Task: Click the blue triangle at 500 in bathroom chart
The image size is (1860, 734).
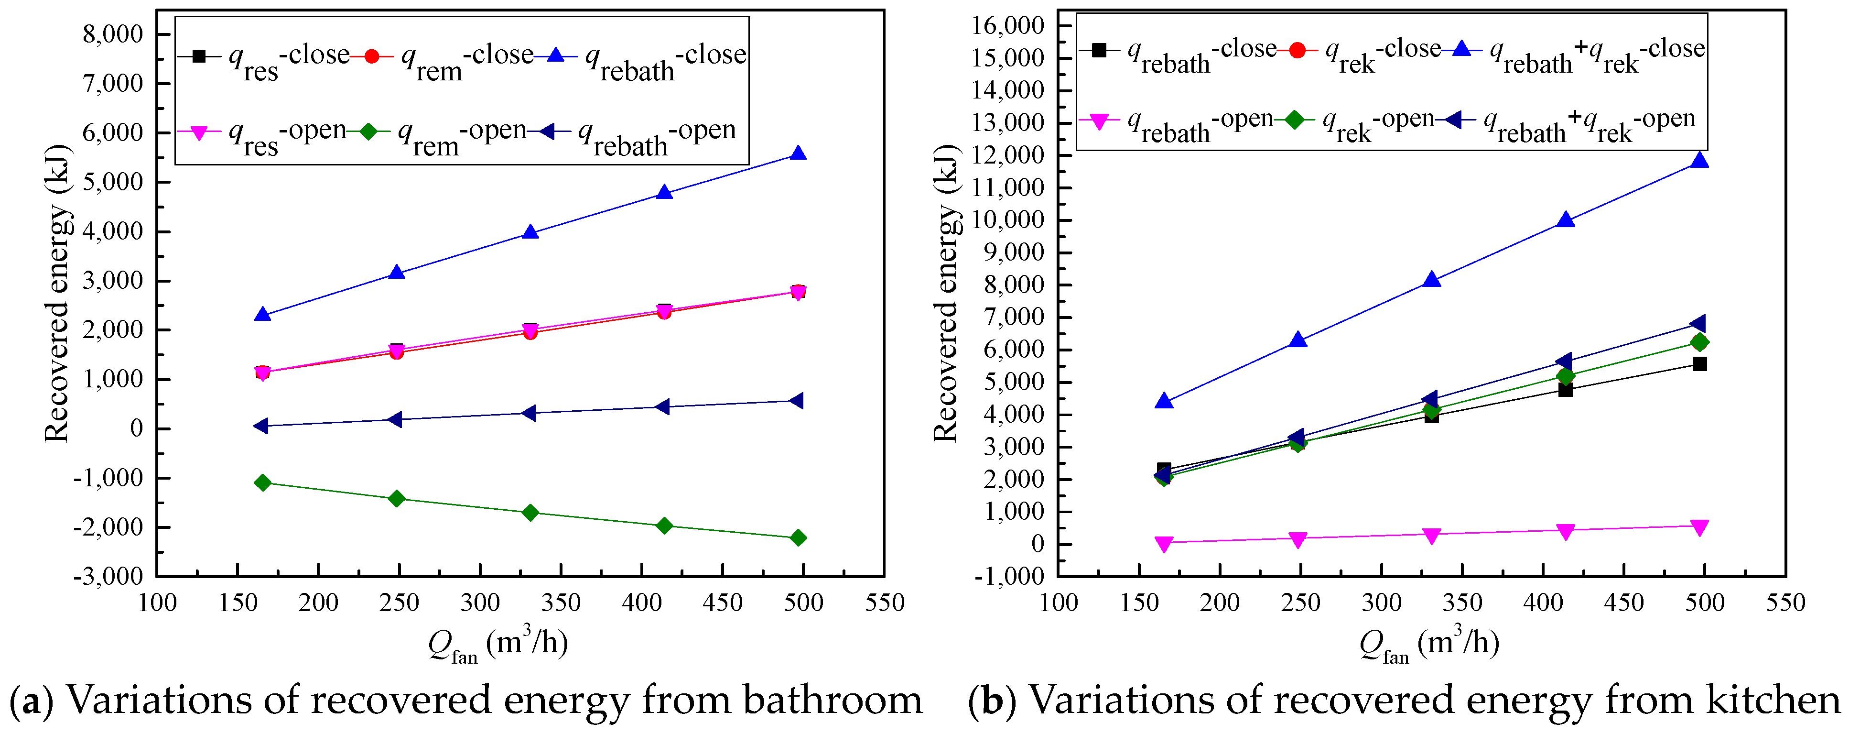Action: (798, 154)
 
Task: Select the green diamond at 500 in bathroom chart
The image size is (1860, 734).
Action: (798, 537)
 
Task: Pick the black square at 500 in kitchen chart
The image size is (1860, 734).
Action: (1700, 363)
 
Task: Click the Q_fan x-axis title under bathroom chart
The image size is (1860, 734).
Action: (498, 643)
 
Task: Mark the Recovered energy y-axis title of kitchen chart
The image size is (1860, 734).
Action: (945, 293)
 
